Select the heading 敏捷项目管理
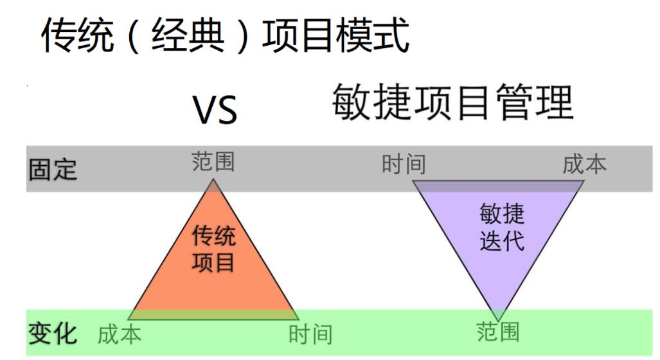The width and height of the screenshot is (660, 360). pyautogui.click(x=452, y=103)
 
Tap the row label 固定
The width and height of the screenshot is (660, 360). pyautogui.click(x=53, y=170)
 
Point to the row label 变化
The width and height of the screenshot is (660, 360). pyautogui.click(x=53, y=334)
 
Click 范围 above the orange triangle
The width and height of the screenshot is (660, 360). pyautogui.click(x=213, y=162)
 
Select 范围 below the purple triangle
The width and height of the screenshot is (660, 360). pyautogui.click(x=498, y=332)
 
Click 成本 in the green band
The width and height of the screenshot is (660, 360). pyautogui.click(x=120, y=334)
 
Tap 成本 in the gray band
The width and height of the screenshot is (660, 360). pyautogui.click(x=584, y=164)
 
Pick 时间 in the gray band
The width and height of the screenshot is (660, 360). pyautogui.click(x=404, y=164)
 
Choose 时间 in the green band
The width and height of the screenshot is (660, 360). pyautogui.click(x=310, y=334)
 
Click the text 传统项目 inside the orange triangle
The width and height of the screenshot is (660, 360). pyautogui.click(x=214, y=249)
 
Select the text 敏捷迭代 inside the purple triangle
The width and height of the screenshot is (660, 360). pyautogui.click(x=502, y=228)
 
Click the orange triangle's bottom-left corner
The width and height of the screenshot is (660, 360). pyautogui.click(x=128, y=319)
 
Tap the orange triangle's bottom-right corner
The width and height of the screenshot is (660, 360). pyautogui.click(x=299, y=319)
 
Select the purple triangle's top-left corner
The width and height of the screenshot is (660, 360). pyautogui.click(x=413, y=181)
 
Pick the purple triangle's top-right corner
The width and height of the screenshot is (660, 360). pyautogui.click(x=584, y=181)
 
